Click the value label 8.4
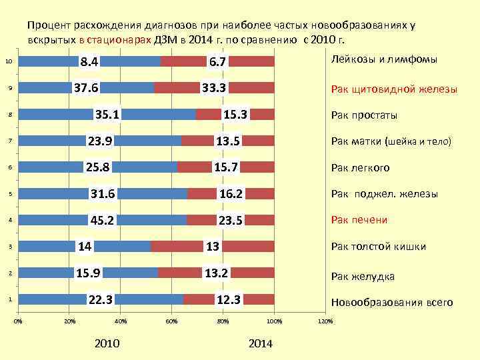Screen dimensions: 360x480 click(89, 62)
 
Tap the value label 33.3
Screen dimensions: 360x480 click(215, 88)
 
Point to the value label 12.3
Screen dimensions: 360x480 click(228, 299)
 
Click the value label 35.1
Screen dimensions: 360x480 click(107, 115)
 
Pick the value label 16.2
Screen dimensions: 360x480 click(230, 194)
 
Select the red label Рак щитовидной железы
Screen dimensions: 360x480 click(394, 89)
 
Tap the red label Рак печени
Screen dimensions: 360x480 click(359, 220)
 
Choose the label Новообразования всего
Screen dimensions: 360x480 click(392, 303)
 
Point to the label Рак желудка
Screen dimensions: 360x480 click(363, 277)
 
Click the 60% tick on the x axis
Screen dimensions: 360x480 click(171, 322)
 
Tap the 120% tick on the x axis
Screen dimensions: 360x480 click(325, 322)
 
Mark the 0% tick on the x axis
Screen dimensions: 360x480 click(18, 322)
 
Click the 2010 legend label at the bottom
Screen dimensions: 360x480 click(107, 343)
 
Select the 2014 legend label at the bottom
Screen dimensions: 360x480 click(260, 343)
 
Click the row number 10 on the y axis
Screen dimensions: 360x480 click(8, 62)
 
